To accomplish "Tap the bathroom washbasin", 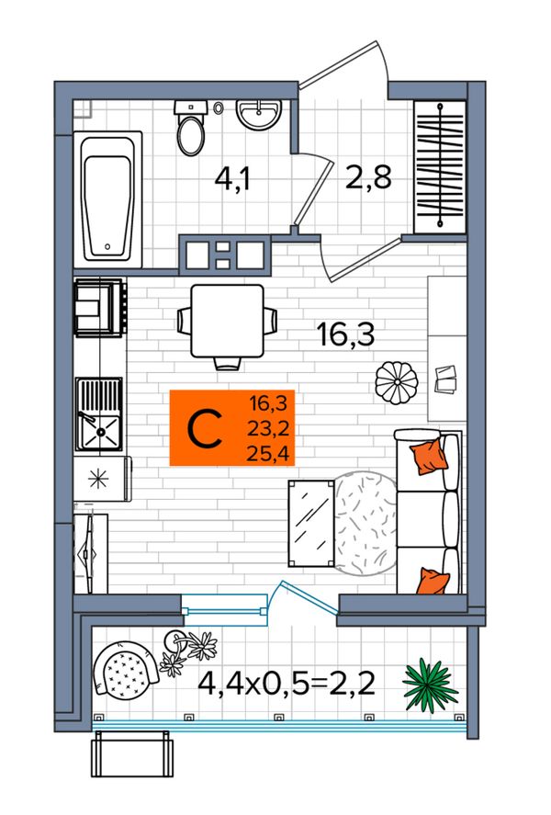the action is coord(259,114).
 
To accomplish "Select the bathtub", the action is coord(108,199).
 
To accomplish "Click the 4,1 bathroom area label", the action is coord(232,180).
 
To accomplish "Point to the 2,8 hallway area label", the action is coord(368,177).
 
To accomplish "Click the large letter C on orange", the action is coord(205,429).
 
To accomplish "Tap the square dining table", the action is coord(227,322).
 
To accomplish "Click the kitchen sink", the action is coord(98,413).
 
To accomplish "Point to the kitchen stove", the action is coord(100,307).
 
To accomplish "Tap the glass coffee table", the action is coord(311,523).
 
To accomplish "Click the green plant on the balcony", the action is coord(431,685).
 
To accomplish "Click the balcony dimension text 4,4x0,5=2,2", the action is coord(287,684).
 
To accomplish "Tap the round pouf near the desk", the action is coord(397,382).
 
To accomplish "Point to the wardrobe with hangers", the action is coord(440,167).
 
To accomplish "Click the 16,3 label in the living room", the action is coord(345,334).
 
